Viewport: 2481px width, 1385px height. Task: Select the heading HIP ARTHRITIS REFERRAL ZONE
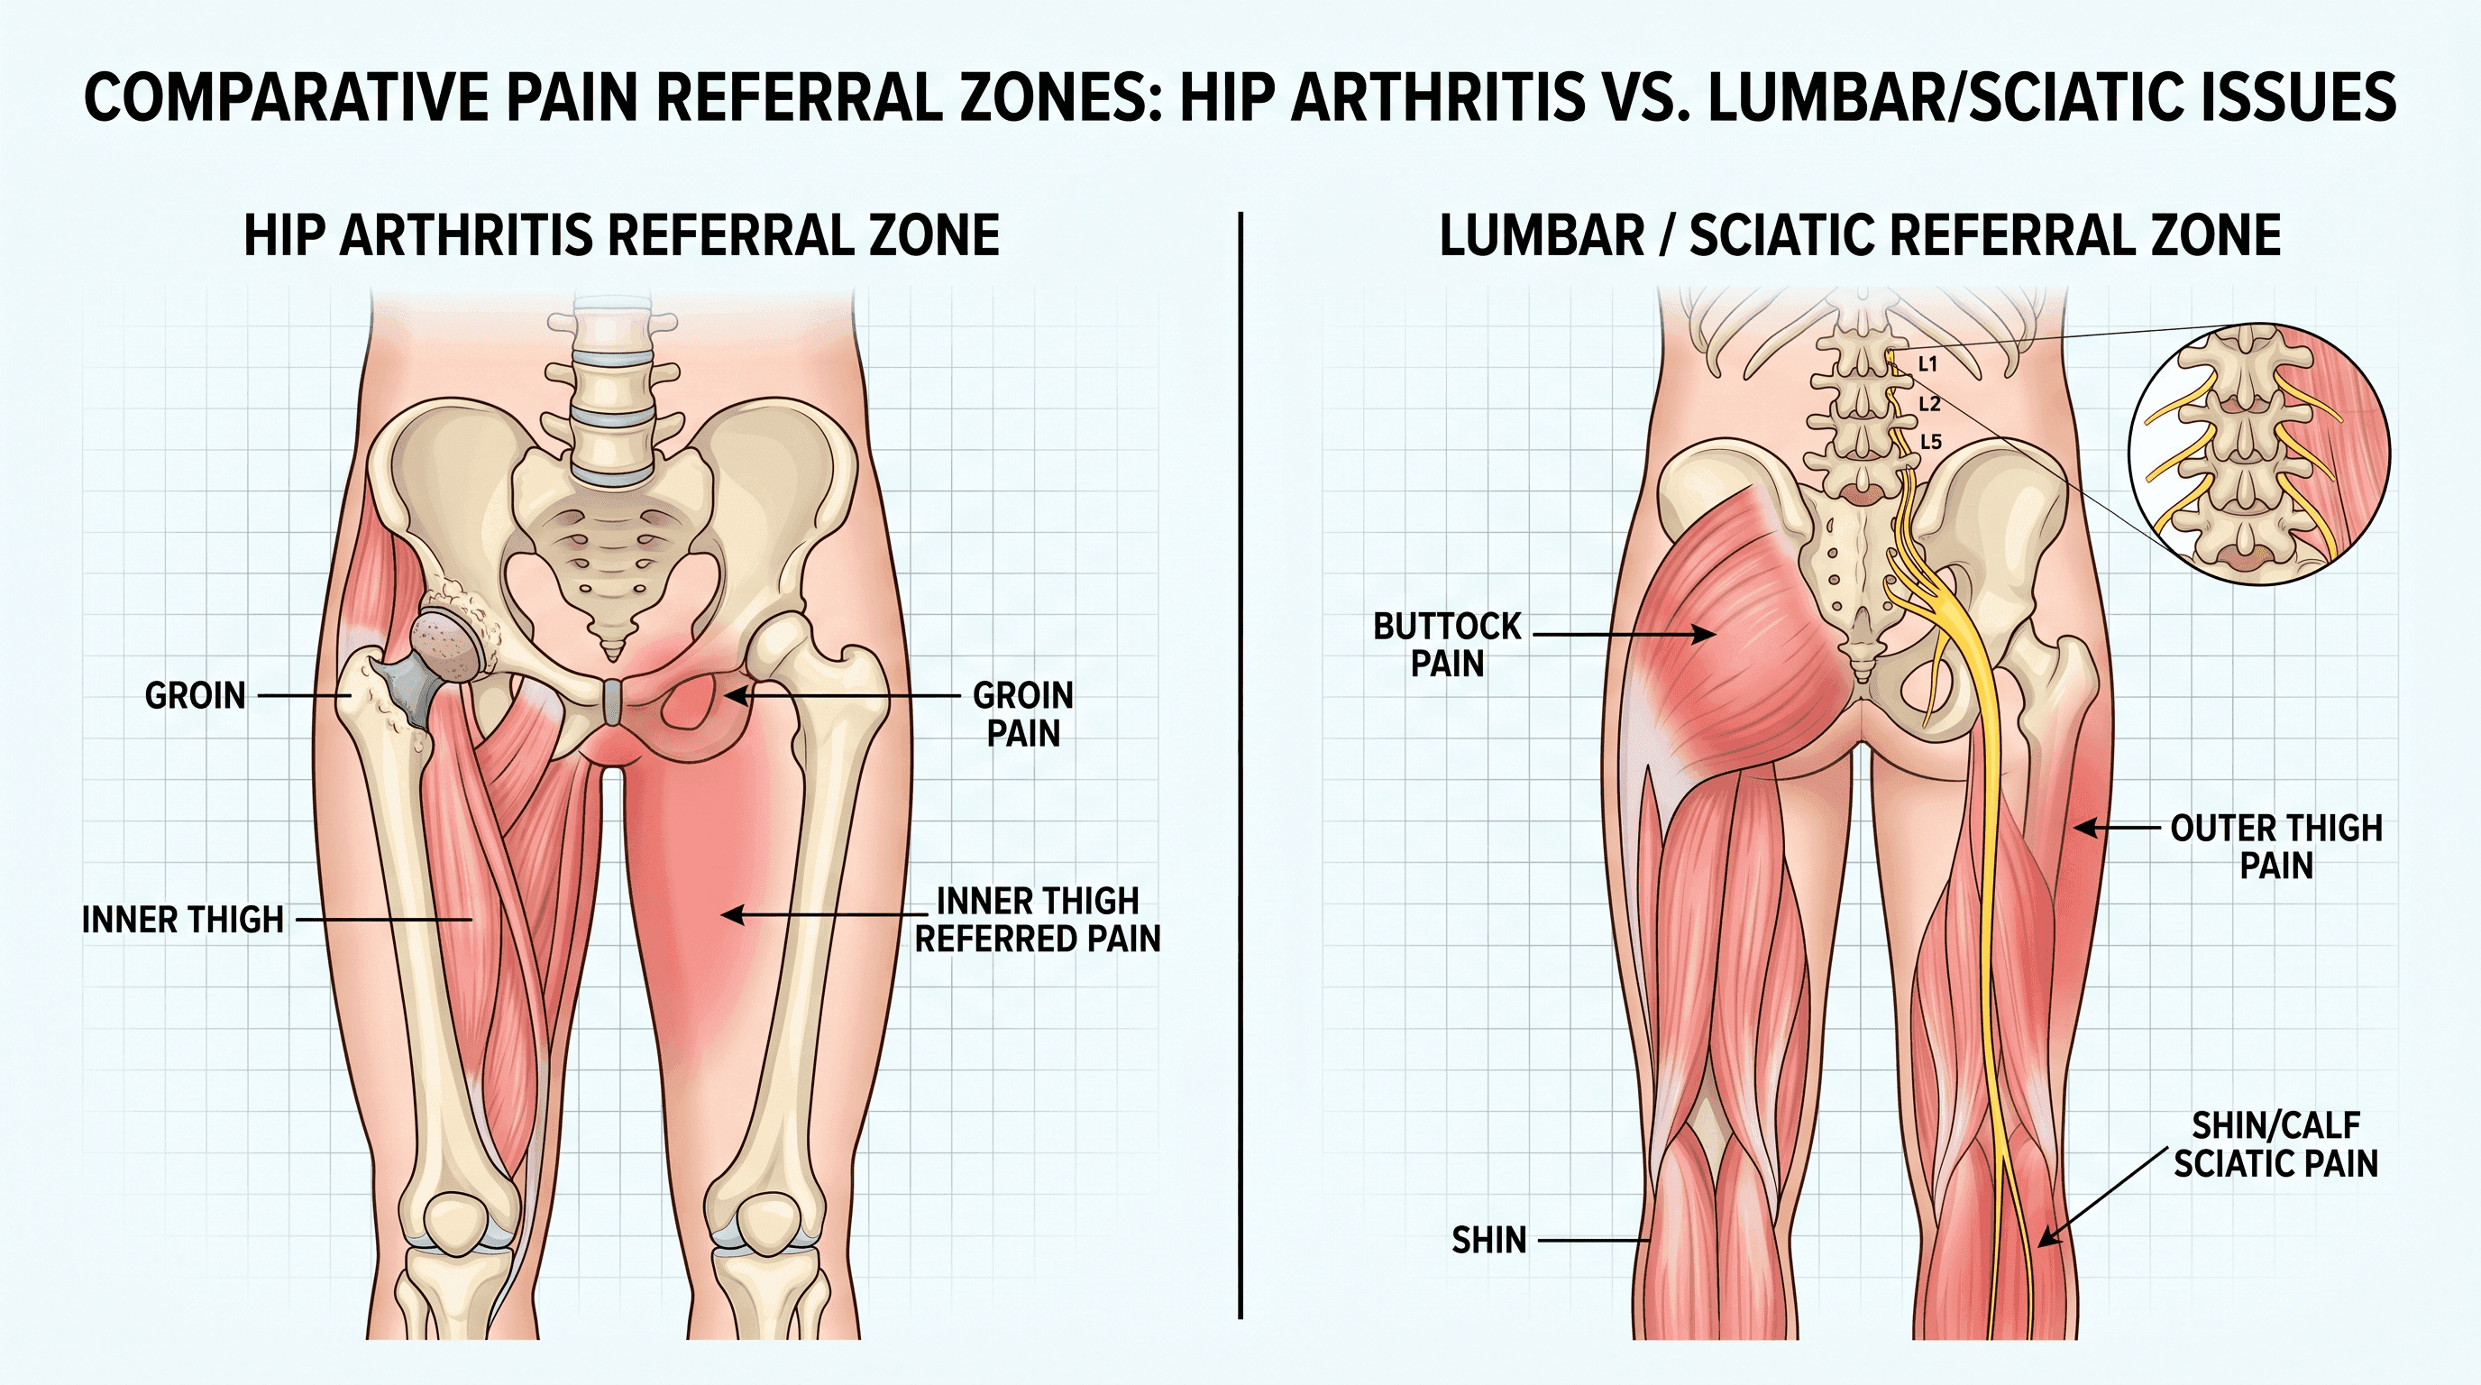tap(621, 235)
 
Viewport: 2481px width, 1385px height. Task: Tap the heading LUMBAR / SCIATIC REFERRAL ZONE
tap(1860, 235)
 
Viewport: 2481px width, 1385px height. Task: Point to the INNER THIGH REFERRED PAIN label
tap(1038, 919)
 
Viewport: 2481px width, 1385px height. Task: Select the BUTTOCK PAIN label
tap(1447, 645)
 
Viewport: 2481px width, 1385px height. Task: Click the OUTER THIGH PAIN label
tap(2275, 846)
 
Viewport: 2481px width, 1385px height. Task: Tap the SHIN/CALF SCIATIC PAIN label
tap(2275, 1144)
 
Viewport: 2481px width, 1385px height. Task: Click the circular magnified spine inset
tap(2258, 451)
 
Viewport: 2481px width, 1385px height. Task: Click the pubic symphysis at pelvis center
tap(612, 702)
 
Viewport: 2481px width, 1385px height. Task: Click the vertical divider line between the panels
tap(1240, 766)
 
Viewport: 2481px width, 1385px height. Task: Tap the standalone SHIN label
tap(1489, 1241)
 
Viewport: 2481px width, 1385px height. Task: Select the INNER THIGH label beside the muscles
tap(183, 920)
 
